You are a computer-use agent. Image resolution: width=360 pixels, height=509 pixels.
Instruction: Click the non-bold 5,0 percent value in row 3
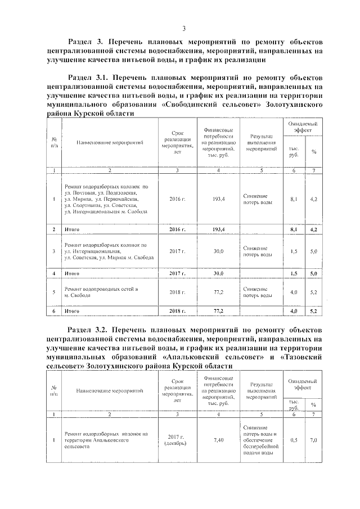click(313, 251)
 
